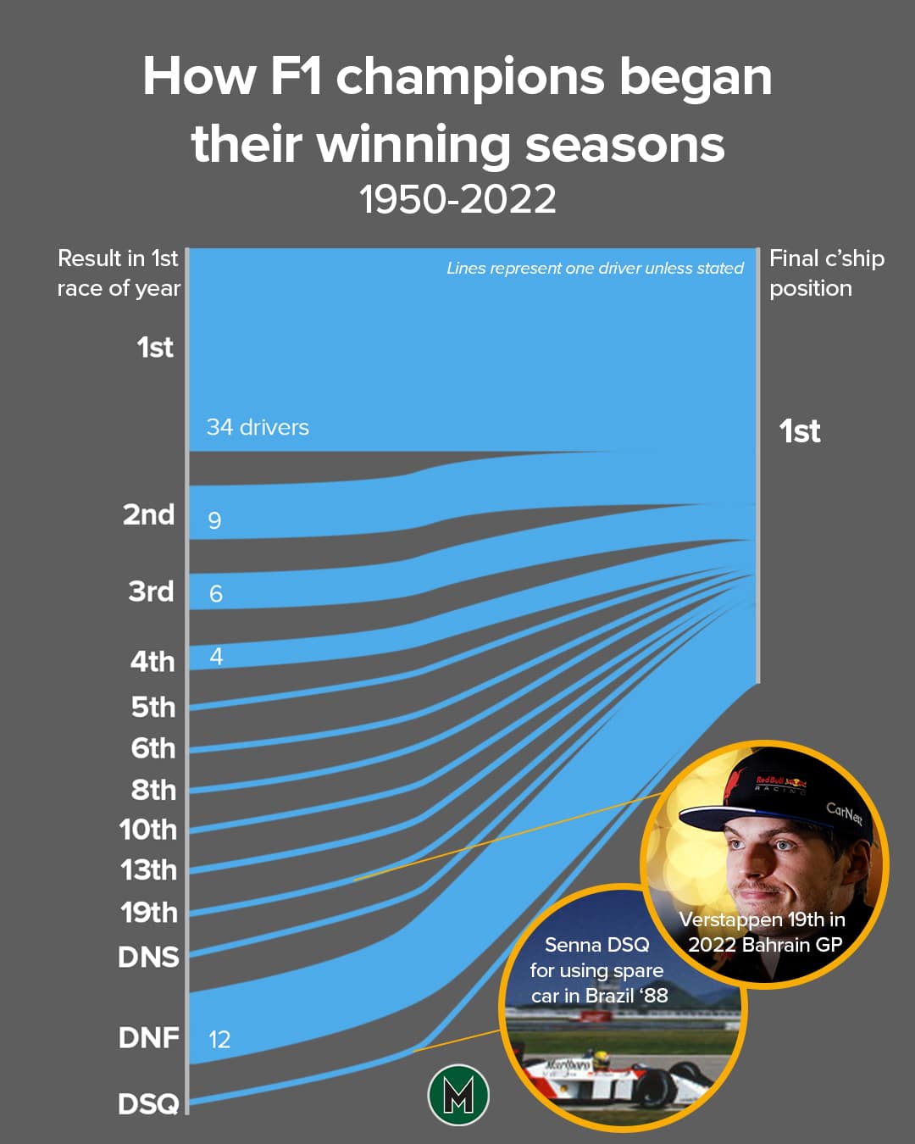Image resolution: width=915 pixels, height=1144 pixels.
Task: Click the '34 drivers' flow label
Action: point(258,427)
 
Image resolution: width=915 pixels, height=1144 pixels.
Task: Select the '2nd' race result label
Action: point(148,514)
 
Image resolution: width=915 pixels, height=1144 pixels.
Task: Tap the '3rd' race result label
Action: point(151,591)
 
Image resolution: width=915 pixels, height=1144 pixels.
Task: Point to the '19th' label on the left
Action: point(148,913)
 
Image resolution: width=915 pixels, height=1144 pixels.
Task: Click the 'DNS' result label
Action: point(148,957)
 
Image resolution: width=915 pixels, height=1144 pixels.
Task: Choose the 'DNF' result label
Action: point(148,1037)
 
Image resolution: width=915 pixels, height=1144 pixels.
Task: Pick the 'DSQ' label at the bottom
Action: point(148,1103)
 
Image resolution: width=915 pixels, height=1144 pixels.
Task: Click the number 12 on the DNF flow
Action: point(219,1040)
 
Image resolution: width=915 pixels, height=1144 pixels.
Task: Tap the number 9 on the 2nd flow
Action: point(214,520)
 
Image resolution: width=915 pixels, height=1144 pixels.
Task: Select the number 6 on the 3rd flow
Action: point(216,594)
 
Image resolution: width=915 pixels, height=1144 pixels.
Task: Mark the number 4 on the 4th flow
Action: point(216,657)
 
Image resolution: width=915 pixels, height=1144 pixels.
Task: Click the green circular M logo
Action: point(458,1095)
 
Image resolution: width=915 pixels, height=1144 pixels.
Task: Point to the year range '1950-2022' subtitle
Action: point(457,200)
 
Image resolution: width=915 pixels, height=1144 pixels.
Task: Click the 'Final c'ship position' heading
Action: point(826,273)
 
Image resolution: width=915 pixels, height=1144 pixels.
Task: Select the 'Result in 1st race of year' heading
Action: point(119,273)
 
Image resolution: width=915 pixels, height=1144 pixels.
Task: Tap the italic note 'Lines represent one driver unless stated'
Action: point(595,269)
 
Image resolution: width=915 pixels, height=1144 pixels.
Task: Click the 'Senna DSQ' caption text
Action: point(597,945)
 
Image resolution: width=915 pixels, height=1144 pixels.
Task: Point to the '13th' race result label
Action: point(148,870)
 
